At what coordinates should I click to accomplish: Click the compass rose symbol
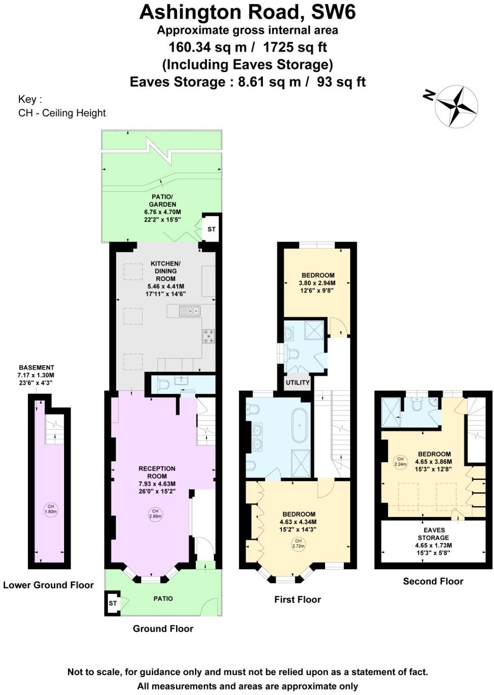456,105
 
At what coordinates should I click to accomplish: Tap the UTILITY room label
298,382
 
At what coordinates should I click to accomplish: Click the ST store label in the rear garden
212,229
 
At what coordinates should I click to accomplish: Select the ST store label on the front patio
113,603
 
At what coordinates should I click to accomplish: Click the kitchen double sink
190,310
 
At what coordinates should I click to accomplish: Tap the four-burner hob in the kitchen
209,336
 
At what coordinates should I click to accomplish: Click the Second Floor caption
433,581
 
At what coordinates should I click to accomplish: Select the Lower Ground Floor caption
48,585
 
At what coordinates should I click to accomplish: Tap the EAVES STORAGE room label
434,534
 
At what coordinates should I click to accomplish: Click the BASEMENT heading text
36,367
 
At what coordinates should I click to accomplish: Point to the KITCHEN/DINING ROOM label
166,271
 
